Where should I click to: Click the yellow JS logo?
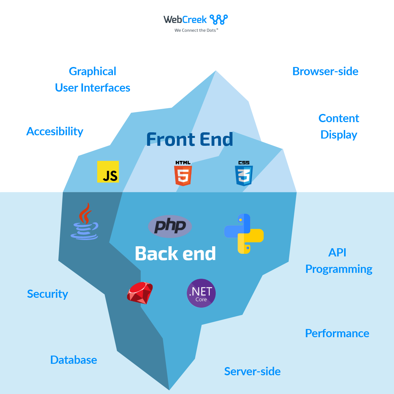click(x=108, y=171)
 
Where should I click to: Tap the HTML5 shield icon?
click(x=183, y=174)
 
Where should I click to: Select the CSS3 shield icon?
click(x=244, y=174)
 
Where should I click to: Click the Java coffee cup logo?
click(x=85, y=222)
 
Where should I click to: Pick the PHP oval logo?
click(x=170, y=226)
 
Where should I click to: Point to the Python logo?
click(x=244, y=234)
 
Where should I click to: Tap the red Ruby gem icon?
click(x=140, y=293)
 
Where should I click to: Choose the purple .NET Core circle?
click(x=201, y=293)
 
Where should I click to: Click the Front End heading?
click(x=189, y=139)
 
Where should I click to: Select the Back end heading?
click(x=175, y=253)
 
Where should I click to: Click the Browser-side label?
click(x=325, y=71)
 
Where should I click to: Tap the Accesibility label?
click(x=55, y=131)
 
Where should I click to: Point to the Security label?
click(x=48, y=294)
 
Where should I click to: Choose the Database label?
click(x=74, y=360)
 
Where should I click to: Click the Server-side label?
click(x=252, y=371)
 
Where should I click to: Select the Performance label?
click(x=337, y=333)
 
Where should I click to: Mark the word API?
click(x=337, y=252)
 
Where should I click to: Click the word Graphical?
click(x=93, y=71)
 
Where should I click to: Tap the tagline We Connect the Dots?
click(x=196, y=30)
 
